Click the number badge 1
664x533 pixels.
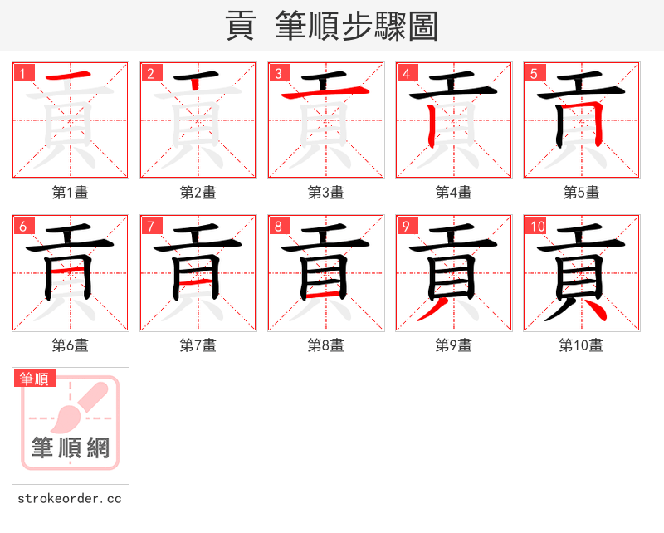(22, 73)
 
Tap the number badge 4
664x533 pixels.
(406, 73)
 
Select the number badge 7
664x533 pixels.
(150, 226)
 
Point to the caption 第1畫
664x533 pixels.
(71, 193)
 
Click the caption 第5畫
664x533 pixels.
(582, 193)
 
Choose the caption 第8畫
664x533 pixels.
(326, 345)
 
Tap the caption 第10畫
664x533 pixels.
(582, 345)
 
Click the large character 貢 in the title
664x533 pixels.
(242, 26)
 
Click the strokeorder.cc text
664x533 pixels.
(70, 499)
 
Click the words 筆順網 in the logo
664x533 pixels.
(71, 448)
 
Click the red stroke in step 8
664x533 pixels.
(325, 295)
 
